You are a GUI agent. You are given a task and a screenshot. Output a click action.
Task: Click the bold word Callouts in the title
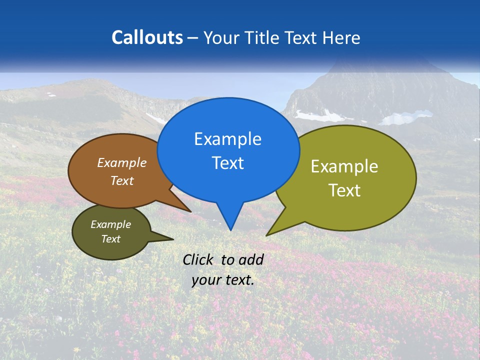(147, 37)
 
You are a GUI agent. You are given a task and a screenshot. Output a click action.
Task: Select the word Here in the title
(342, 37)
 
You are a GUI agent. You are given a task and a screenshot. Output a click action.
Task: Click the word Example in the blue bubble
(227, 139)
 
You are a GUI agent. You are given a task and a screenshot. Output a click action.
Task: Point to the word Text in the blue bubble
(227, 163)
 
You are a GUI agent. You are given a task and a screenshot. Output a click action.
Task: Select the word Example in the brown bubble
(122, 162)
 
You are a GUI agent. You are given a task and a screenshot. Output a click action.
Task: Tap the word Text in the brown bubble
(122, 180)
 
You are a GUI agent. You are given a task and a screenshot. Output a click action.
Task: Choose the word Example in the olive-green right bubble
(344, 166)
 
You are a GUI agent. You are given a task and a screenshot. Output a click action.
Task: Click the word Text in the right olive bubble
(344, 190)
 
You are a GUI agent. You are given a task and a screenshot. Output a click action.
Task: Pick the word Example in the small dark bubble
(110, 224)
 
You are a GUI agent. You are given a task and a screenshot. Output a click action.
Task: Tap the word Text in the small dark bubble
(110, 239)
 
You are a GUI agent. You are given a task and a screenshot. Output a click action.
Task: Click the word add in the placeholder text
(251, 259)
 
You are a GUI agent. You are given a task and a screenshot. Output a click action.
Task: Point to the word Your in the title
(220, 37)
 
